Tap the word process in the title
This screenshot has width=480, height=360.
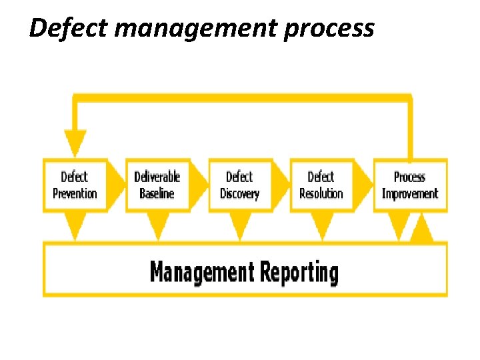328,29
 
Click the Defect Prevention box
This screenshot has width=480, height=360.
75,185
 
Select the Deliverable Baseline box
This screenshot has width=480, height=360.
157,185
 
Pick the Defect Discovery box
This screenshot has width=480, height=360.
239,185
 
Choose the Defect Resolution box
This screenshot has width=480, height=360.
321,185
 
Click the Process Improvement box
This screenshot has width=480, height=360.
409,185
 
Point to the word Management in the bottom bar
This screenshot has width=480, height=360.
201,272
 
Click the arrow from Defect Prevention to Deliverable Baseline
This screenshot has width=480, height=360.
117,185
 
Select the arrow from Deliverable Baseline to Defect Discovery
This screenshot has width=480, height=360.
199,185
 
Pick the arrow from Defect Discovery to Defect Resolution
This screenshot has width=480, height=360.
281,185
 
